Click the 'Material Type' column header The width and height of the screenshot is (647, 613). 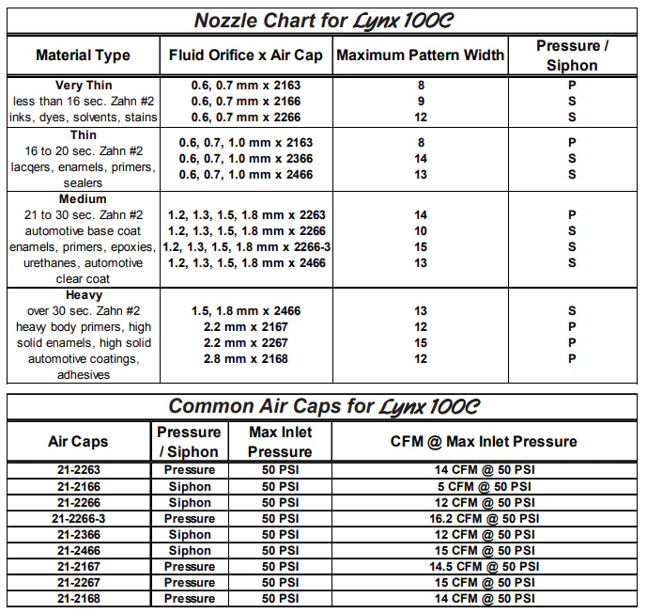click(83, 55)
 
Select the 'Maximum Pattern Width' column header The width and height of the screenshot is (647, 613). click(420, 55)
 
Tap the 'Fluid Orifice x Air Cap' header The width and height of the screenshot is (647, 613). click(246, 55)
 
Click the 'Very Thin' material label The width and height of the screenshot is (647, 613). click(84, 86)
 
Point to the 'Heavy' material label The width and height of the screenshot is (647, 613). click(84, 295)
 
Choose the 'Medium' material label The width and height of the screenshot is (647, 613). click(84, 199)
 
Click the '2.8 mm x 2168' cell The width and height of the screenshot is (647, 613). click(246, 359)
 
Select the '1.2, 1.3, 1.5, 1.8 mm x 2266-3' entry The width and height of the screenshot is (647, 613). click(246, 247)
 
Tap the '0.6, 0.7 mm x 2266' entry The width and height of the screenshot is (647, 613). click(246, 118)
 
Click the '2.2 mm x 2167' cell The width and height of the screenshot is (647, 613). click(246, 327)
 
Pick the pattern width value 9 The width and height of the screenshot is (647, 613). click(420, 102)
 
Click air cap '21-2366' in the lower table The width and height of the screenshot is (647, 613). click(78, 534)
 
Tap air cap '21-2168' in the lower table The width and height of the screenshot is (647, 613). click(78, 598)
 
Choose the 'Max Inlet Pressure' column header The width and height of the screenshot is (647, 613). click(280, 441)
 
